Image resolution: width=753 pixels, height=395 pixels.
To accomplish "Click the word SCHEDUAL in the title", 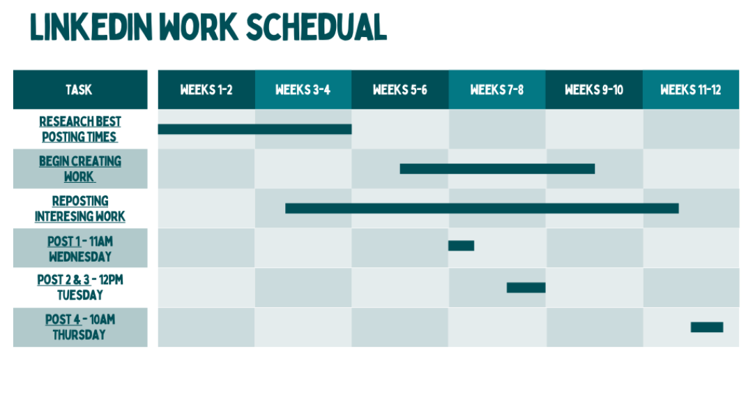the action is point(317,27).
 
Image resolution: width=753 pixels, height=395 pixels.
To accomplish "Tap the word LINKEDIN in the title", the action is point(91,27).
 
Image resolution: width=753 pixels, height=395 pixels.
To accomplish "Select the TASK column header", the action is point(80,89).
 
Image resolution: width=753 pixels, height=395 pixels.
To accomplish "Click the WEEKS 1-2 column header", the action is point(206,89).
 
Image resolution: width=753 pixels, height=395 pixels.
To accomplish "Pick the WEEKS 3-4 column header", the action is point(303,89).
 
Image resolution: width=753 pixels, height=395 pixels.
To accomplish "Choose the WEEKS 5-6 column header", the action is point(400,89).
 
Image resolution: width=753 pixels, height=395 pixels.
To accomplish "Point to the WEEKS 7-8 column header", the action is point(497,89).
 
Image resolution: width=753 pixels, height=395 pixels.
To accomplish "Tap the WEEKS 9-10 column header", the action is point(594,89).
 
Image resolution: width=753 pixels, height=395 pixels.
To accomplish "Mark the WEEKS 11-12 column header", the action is point(691,89).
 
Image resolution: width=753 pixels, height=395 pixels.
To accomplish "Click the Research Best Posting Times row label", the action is point(79,129).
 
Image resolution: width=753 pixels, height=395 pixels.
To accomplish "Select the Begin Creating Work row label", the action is point(79,169).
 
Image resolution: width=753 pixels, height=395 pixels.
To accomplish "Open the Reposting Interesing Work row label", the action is point(79,209).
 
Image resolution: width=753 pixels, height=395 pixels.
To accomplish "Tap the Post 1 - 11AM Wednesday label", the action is point(79,248).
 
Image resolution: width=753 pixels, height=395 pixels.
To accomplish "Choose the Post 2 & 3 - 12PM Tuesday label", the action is point(79,288).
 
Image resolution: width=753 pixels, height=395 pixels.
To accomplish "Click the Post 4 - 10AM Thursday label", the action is point(79,327).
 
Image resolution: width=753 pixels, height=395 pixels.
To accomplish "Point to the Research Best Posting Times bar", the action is point(254,129).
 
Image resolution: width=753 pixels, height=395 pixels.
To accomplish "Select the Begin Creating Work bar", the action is point(498,169).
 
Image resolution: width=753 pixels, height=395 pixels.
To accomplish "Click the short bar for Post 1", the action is point(461,246).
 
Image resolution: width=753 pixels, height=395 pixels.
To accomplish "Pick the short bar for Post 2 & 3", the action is point(526,288).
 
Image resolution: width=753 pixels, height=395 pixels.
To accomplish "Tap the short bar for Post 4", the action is point(707,327).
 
